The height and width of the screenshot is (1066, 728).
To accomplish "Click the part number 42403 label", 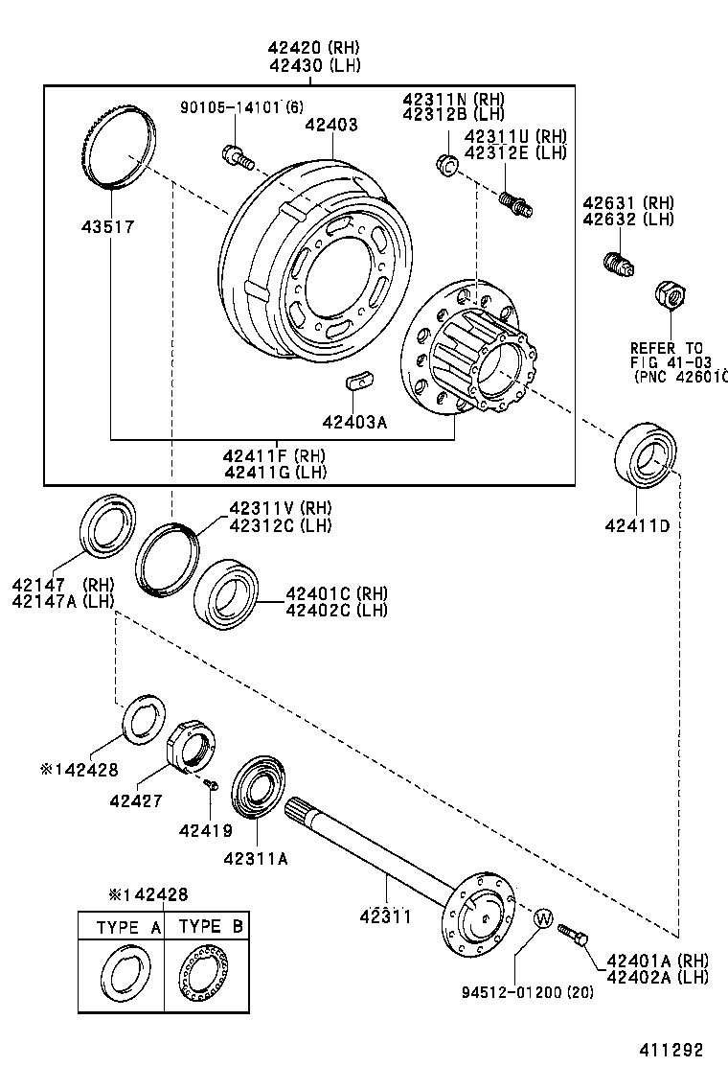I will [331, 125].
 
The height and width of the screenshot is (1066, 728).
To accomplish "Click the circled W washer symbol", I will [542, 918].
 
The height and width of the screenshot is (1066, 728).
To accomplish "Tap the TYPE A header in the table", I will [128, 927].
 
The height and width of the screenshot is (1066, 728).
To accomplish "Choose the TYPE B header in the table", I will [212, 927].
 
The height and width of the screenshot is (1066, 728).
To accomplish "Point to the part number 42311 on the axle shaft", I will [385, 915].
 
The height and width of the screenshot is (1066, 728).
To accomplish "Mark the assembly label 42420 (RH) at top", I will [307, 47].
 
